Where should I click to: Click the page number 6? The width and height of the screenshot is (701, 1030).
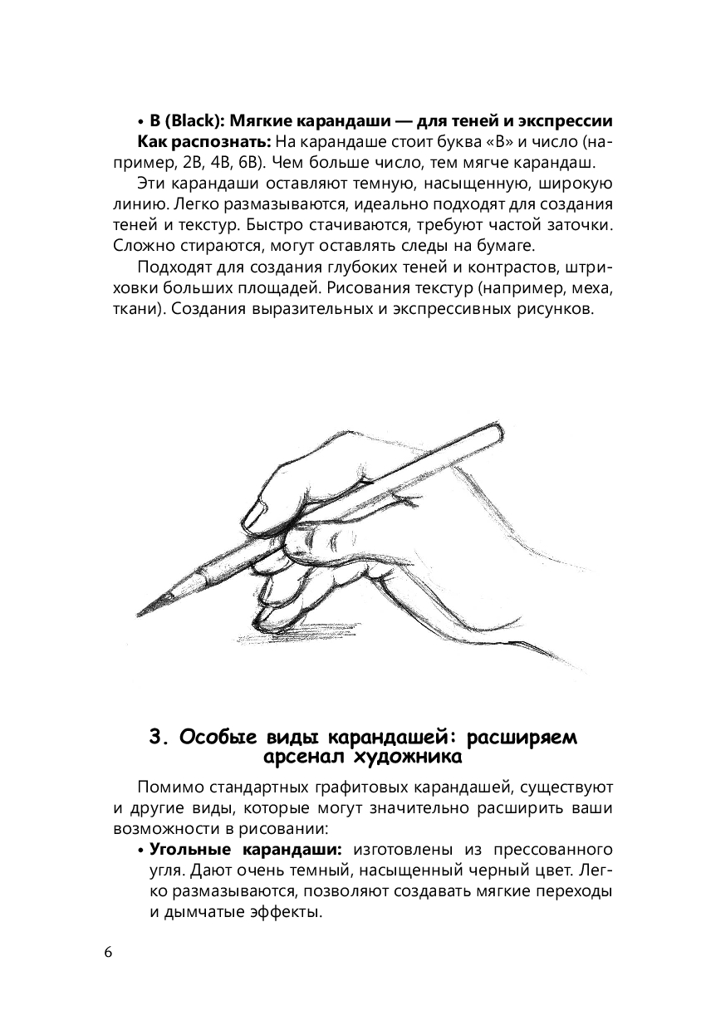coord(108,951)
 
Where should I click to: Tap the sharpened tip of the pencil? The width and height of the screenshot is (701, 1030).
coord(137,616)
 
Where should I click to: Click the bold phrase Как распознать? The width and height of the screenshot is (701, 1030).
coord(203,142)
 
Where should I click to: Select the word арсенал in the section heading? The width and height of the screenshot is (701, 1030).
coord(302,758)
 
